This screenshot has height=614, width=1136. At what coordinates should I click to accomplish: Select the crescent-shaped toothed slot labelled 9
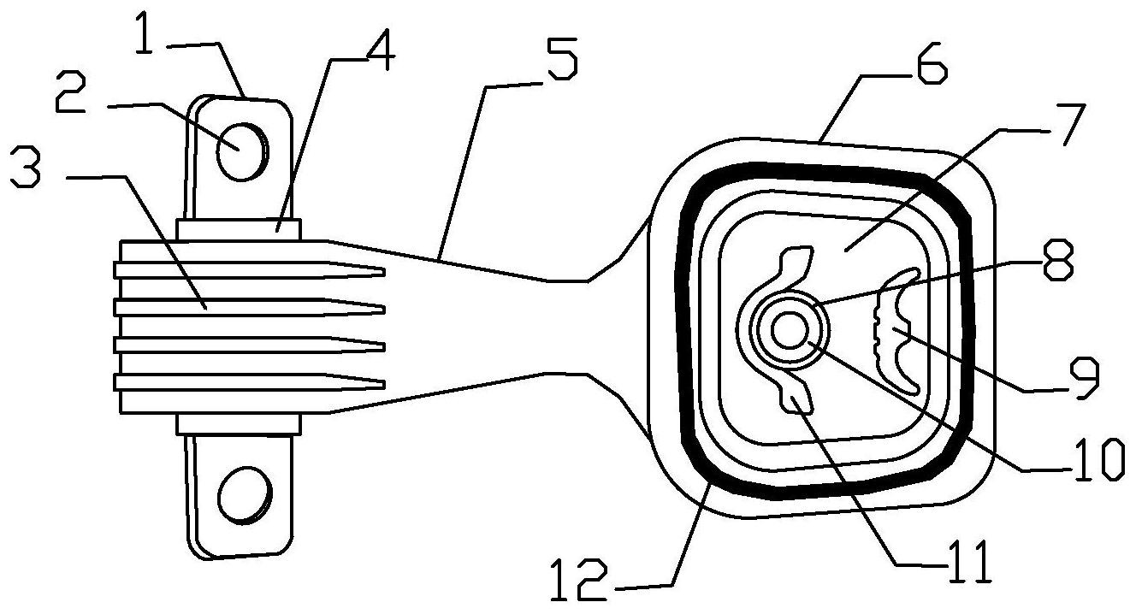896,330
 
